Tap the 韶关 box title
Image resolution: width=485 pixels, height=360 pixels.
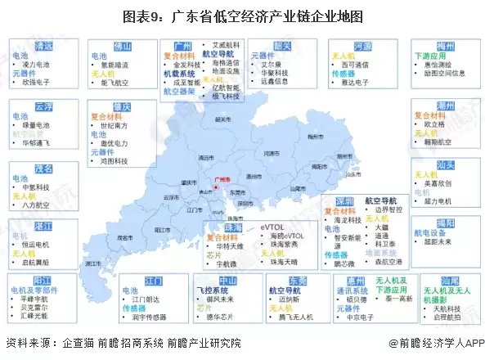point(283,47)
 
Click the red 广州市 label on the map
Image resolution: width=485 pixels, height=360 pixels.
point(221,178)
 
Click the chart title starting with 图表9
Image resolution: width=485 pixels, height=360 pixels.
point(242,16)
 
